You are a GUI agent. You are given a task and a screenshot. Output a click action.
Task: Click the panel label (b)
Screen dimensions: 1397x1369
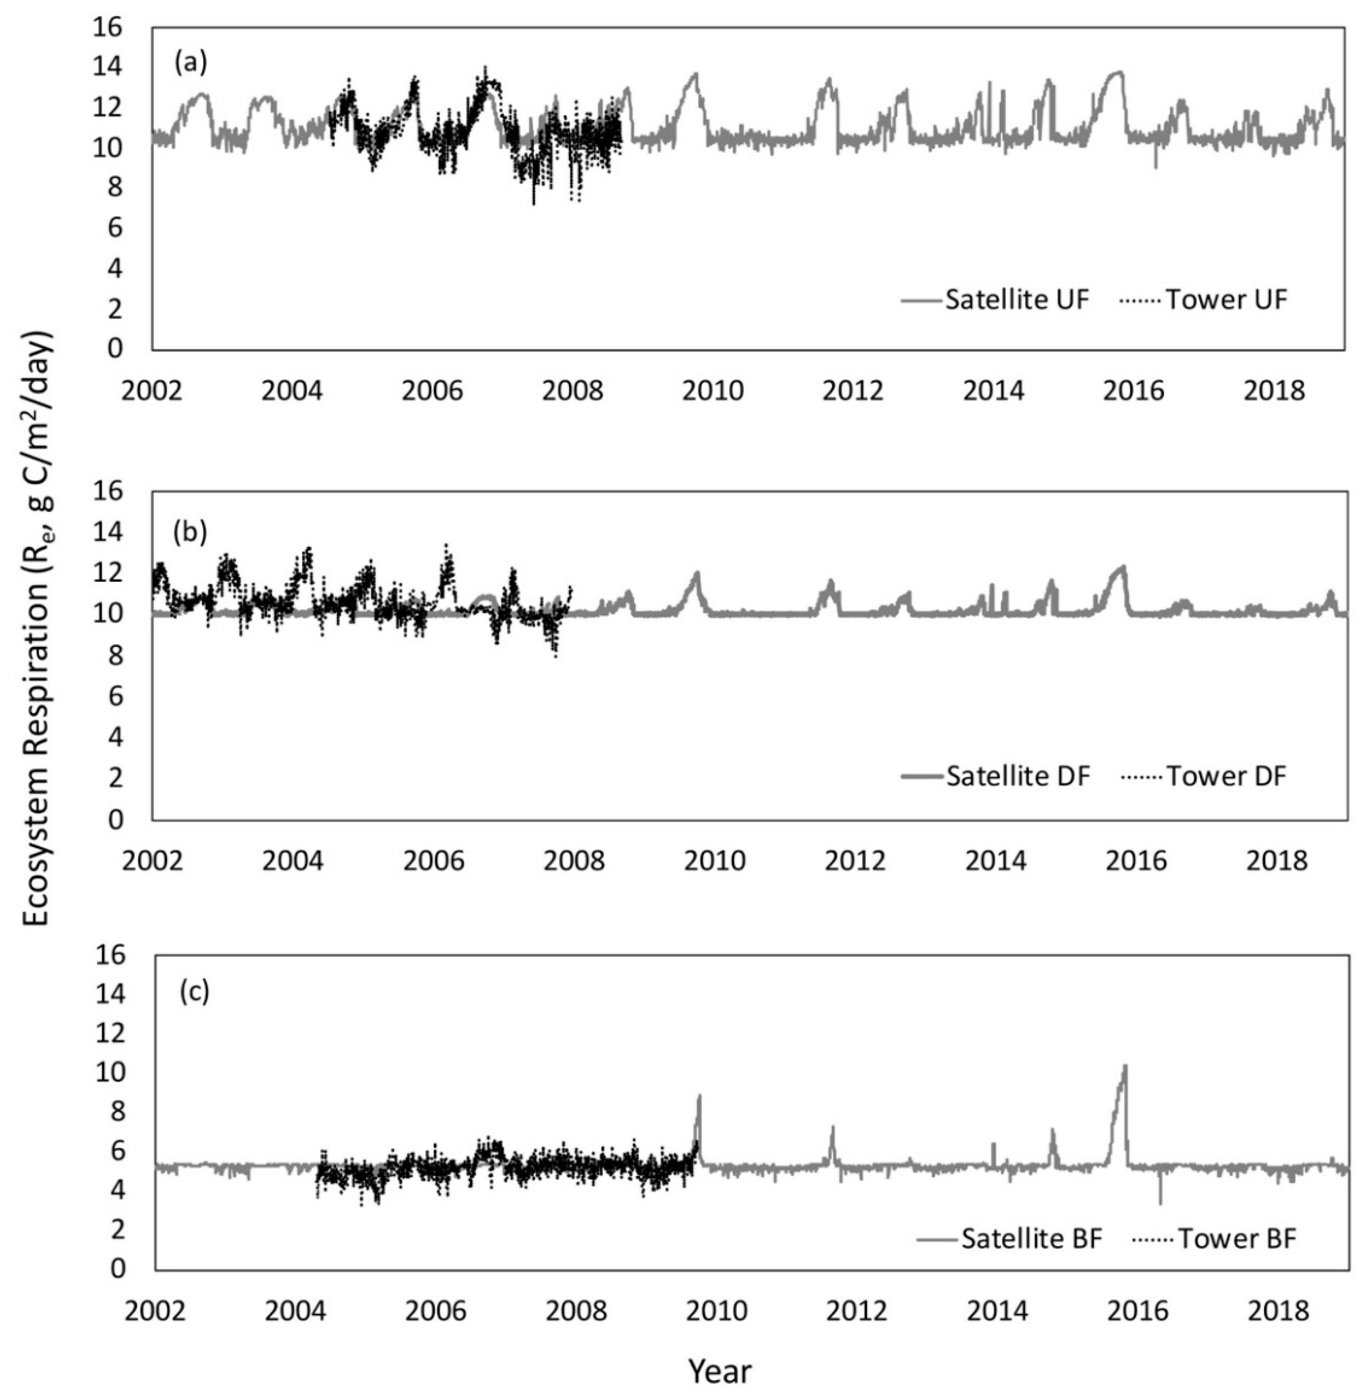191,532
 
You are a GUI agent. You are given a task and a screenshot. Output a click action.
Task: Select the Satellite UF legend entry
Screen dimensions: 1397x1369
996,300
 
